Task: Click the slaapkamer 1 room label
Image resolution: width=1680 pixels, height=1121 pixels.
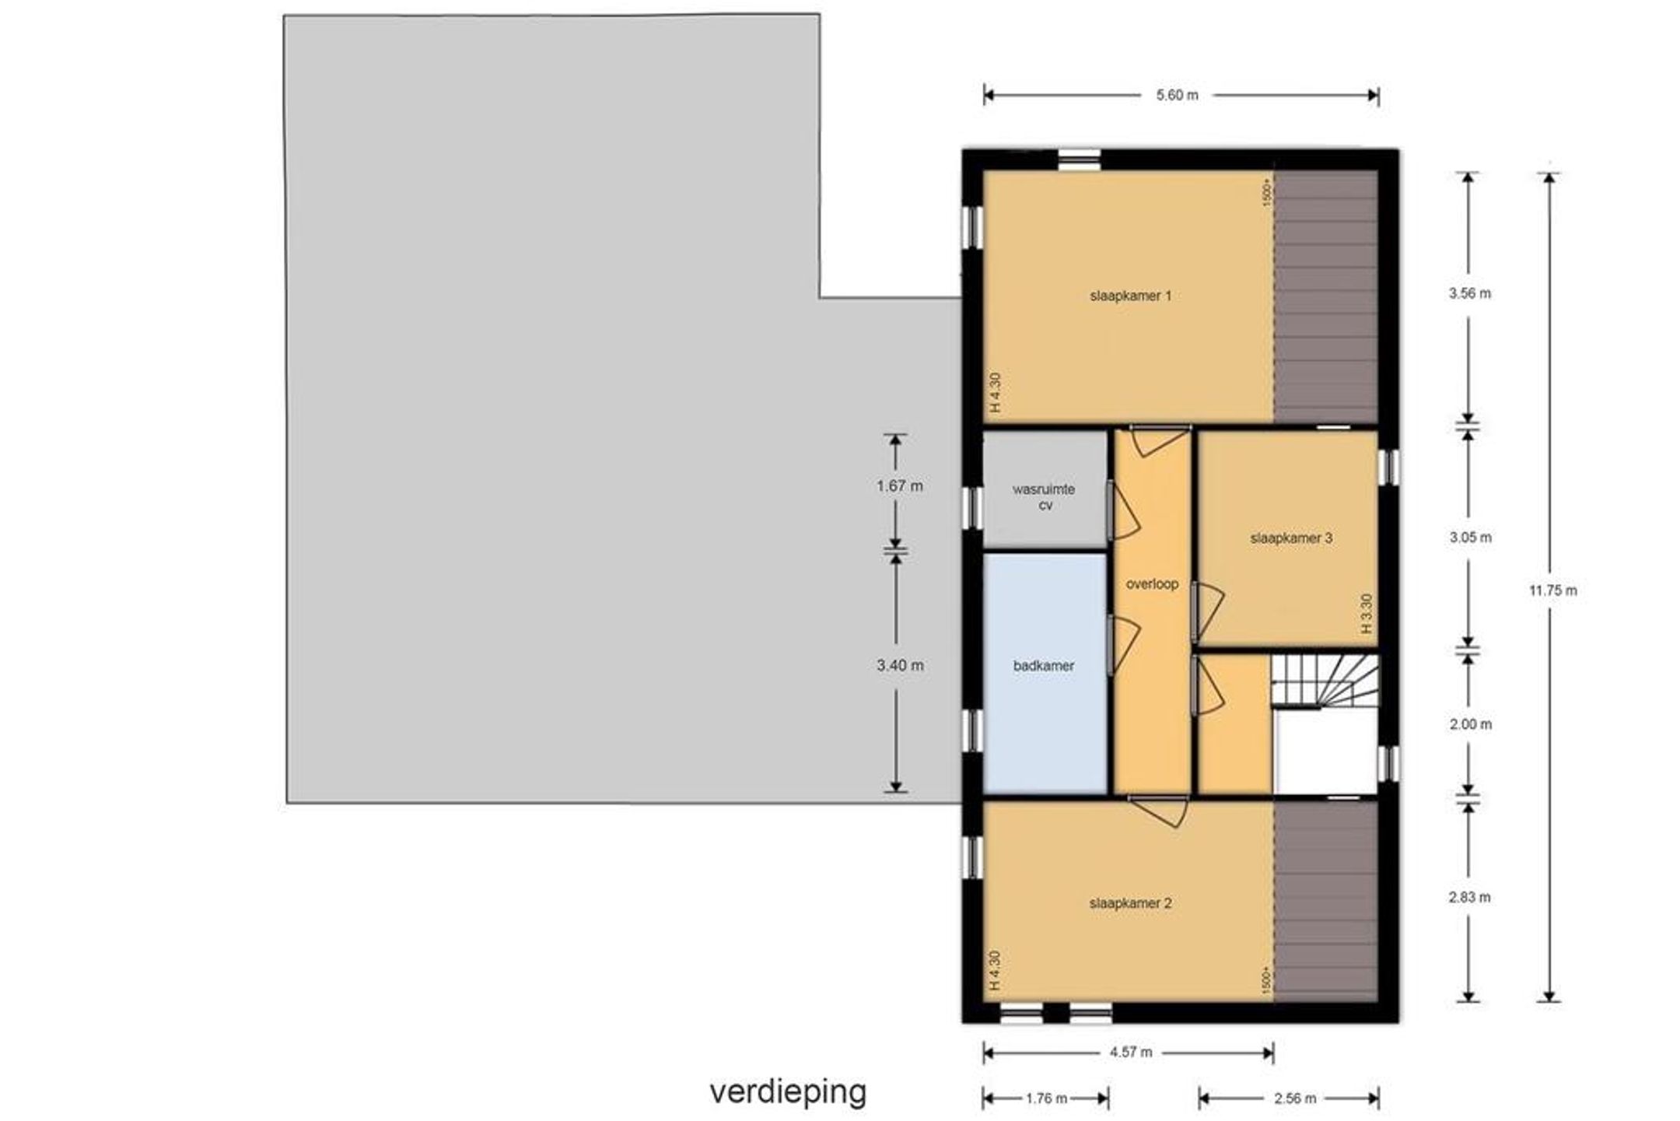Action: point(1130,296)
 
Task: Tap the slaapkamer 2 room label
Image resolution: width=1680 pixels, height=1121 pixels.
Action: point(1130,903)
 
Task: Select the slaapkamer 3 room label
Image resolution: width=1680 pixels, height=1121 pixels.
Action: point(1291,538)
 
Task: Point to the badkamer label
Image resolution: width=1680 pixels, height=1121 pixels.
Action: point(1044,666)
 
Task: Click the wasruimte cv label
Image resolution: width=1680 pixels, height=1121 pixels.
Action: point(1045,497)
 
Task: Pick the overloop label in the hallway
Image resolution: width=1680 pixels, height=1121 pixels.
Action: point(1153,583)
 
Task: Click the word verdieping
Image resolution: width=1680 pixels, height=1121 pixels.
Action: point(788,1092)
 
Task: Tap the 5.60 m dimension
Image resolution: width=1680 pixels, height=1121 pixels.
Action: point(1177,96)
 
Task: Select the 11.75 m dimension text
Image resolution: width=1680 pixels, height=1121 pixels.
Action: point(1553,590)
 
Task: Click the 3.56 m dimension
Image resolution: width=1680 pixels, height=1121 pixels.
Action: point(1470,293)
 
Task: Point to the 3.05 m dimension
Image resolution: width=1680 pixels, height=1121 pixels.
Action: point(1470,538)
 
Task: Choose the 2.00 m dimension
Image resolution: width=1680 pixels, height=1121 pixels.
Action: point(1470,724)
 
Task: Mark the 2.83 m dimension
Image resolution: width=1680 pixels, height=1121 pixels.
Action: point(1469,897)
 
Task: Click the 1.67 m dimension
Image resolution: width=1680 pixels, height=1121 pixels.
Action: point(900,486)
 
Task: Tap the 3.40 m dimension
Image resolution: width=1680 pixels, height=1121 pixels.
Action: point(900,666)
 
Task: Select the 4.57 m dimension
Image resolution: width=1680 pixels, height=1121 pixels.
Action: point(1131,1053)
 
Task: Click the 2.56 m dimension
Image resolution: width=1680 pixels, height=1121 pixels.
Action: point(1295,1098)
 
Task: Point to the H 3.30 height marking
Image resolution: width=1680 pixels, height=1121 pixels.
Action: point(1367,614)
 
